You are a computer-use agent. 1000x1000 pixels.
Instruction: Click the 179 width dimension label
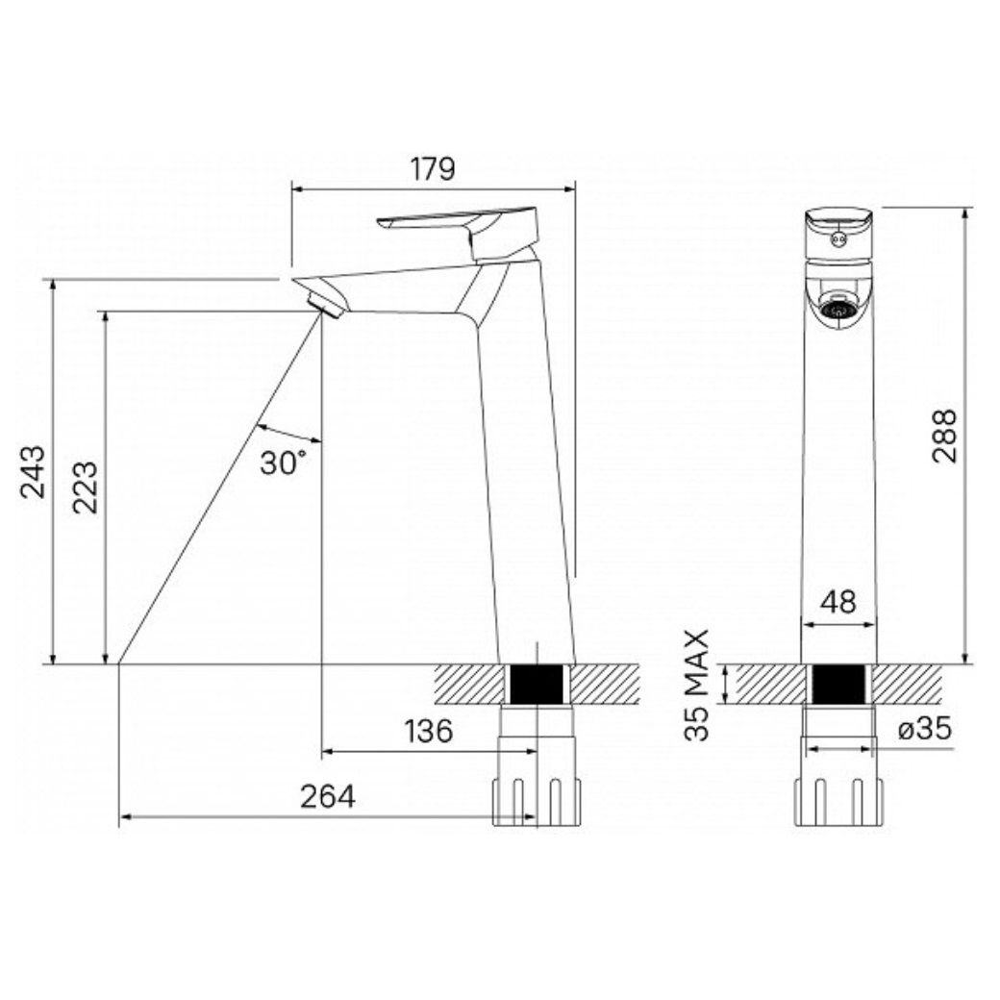pos(433,168)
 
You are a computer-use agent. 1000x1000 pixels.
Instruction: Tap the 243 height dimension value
pos(33,472)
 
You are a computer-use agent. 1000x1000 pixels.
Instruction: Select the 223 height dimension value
pos(85,487)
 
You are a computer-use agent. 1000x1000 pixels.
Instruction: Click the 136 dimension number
pos(429,731)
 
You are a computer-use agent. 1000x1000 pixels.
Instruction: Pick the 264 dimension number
pos(327,796)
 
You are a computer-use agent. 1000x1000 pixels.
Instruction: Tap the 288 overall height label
pos(944,436)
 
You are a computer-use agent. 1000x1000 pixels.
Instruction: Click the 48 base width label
pos(838,602)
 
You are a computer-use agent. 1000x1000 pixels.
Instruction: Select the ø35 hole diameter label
pos(925,728)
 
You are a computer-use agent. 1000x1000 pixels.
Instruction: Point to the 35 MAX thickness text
pos(697,685)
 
